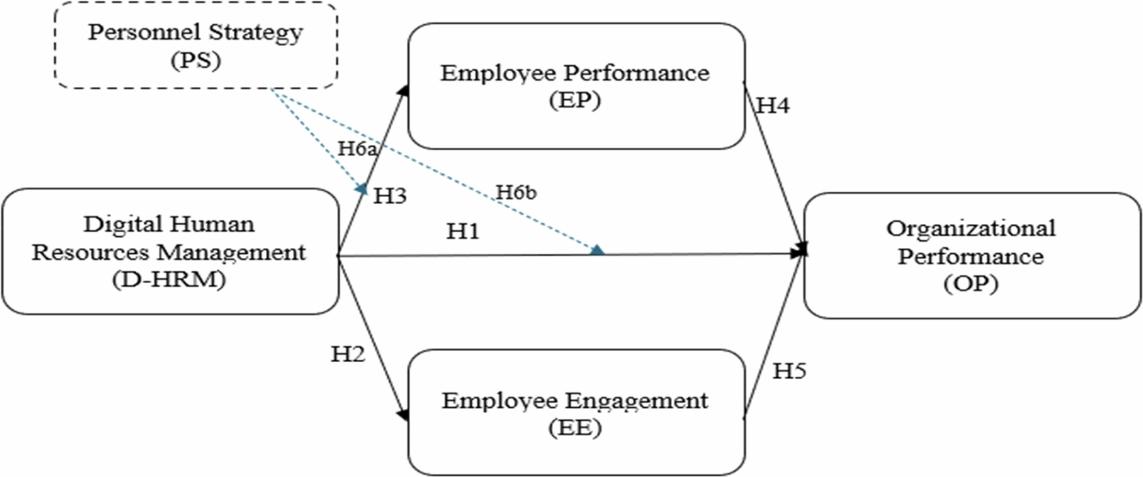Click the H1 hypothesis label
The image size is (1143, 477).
point(462,231)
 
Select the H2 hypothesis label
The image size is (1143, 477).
point(347,354)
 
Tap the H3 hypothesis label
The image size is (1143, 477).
point(390,196)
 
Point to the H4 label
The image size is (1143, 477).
point(773,106)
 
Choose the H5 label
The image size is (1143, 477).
point(789,371)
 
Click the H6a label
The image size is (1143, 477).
point(357,149)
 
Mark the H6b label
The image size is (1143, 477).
point(516,192)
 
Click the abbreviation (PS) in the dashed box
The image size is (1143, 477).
point(196,61)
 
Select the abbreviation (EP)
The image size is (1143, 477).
point(575,100)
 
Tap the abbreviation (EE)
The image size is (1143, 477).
point(575,428)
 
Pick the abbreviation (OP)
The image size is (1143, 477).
point(971,284)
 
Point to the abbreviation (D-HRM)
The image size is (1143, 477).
point(169,280)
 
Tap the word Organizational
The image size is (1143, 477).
point(971,228)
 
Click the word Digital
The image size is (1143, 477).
point(119,224)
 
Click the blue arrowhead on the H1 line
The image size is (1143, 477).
point(597,250)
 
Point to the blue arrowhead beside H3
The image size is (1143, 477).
point(362,189)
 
